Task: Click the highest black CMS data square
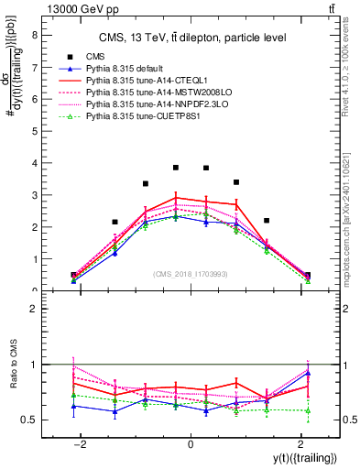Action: click(x=176, y=168)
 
